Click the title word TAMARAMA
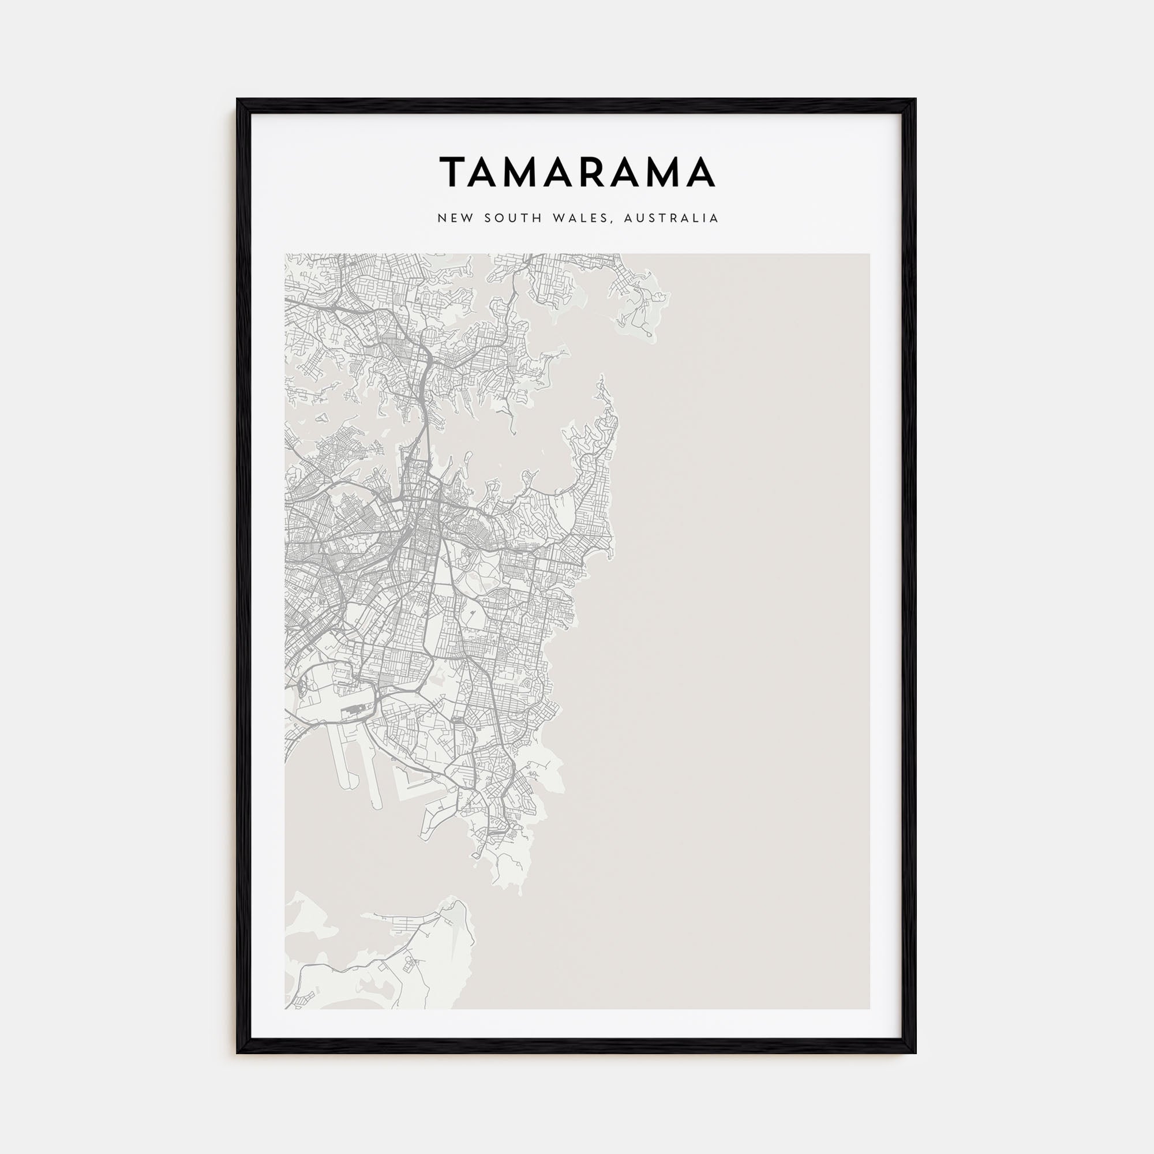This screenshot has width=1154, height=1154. tap(577, 172)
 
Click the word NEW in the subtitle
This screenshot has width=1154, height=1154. tap(452, 219)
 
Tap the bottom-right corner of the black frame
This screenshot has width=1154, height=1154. tap(916, 1052)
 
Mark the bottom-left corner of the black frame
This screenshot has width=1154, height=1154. tap(238, 1052)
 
